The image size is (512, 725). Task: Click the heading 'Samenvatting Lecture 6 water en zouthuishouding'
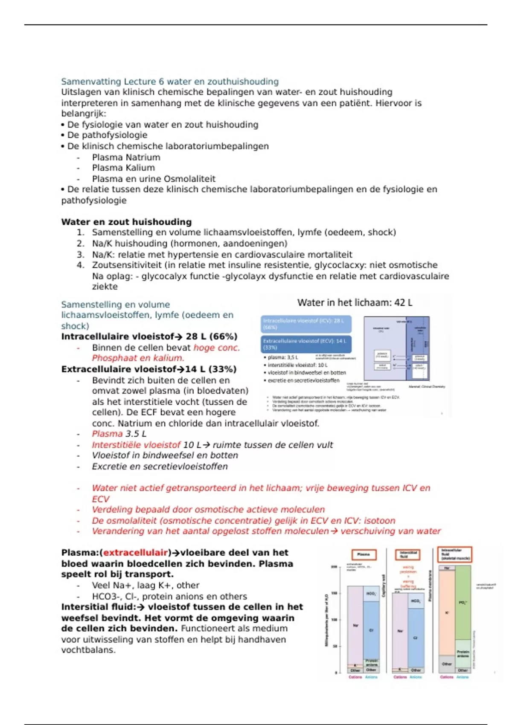170,81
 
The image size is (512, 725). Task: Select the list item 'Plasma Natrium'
126,157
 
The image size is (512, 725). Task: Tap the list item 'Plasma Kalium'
123,168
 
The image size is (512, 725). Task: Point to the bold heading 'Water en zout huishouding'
126,222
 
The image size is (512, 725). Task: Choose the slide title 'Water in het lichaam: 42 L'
355,303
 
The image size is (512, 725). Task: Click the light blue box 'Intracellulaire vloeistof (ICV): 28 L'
306,324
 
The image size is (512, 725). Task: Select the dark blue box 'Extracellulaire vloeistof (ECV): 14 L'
306,344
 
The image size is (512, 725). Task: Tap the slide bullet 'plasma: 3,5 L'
282,357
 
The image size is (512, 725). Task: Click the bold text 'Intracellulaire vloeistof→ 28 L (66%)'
149,336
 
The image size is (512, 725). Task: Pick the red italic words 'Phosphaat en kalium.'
138,358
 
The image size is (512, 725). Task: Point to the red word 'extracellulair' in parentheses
135,553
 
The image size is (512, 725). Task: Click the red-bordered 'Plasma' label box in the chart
364,554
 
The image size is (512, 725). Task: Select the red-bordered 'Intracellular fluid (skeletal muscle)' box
454,554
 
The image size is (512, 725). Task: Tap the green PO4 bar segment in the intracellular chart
463,603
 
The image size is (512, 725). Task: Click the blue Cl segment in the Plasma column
371,630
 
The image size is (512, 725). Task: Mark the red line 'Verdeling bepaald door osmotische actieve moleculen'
208,510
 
